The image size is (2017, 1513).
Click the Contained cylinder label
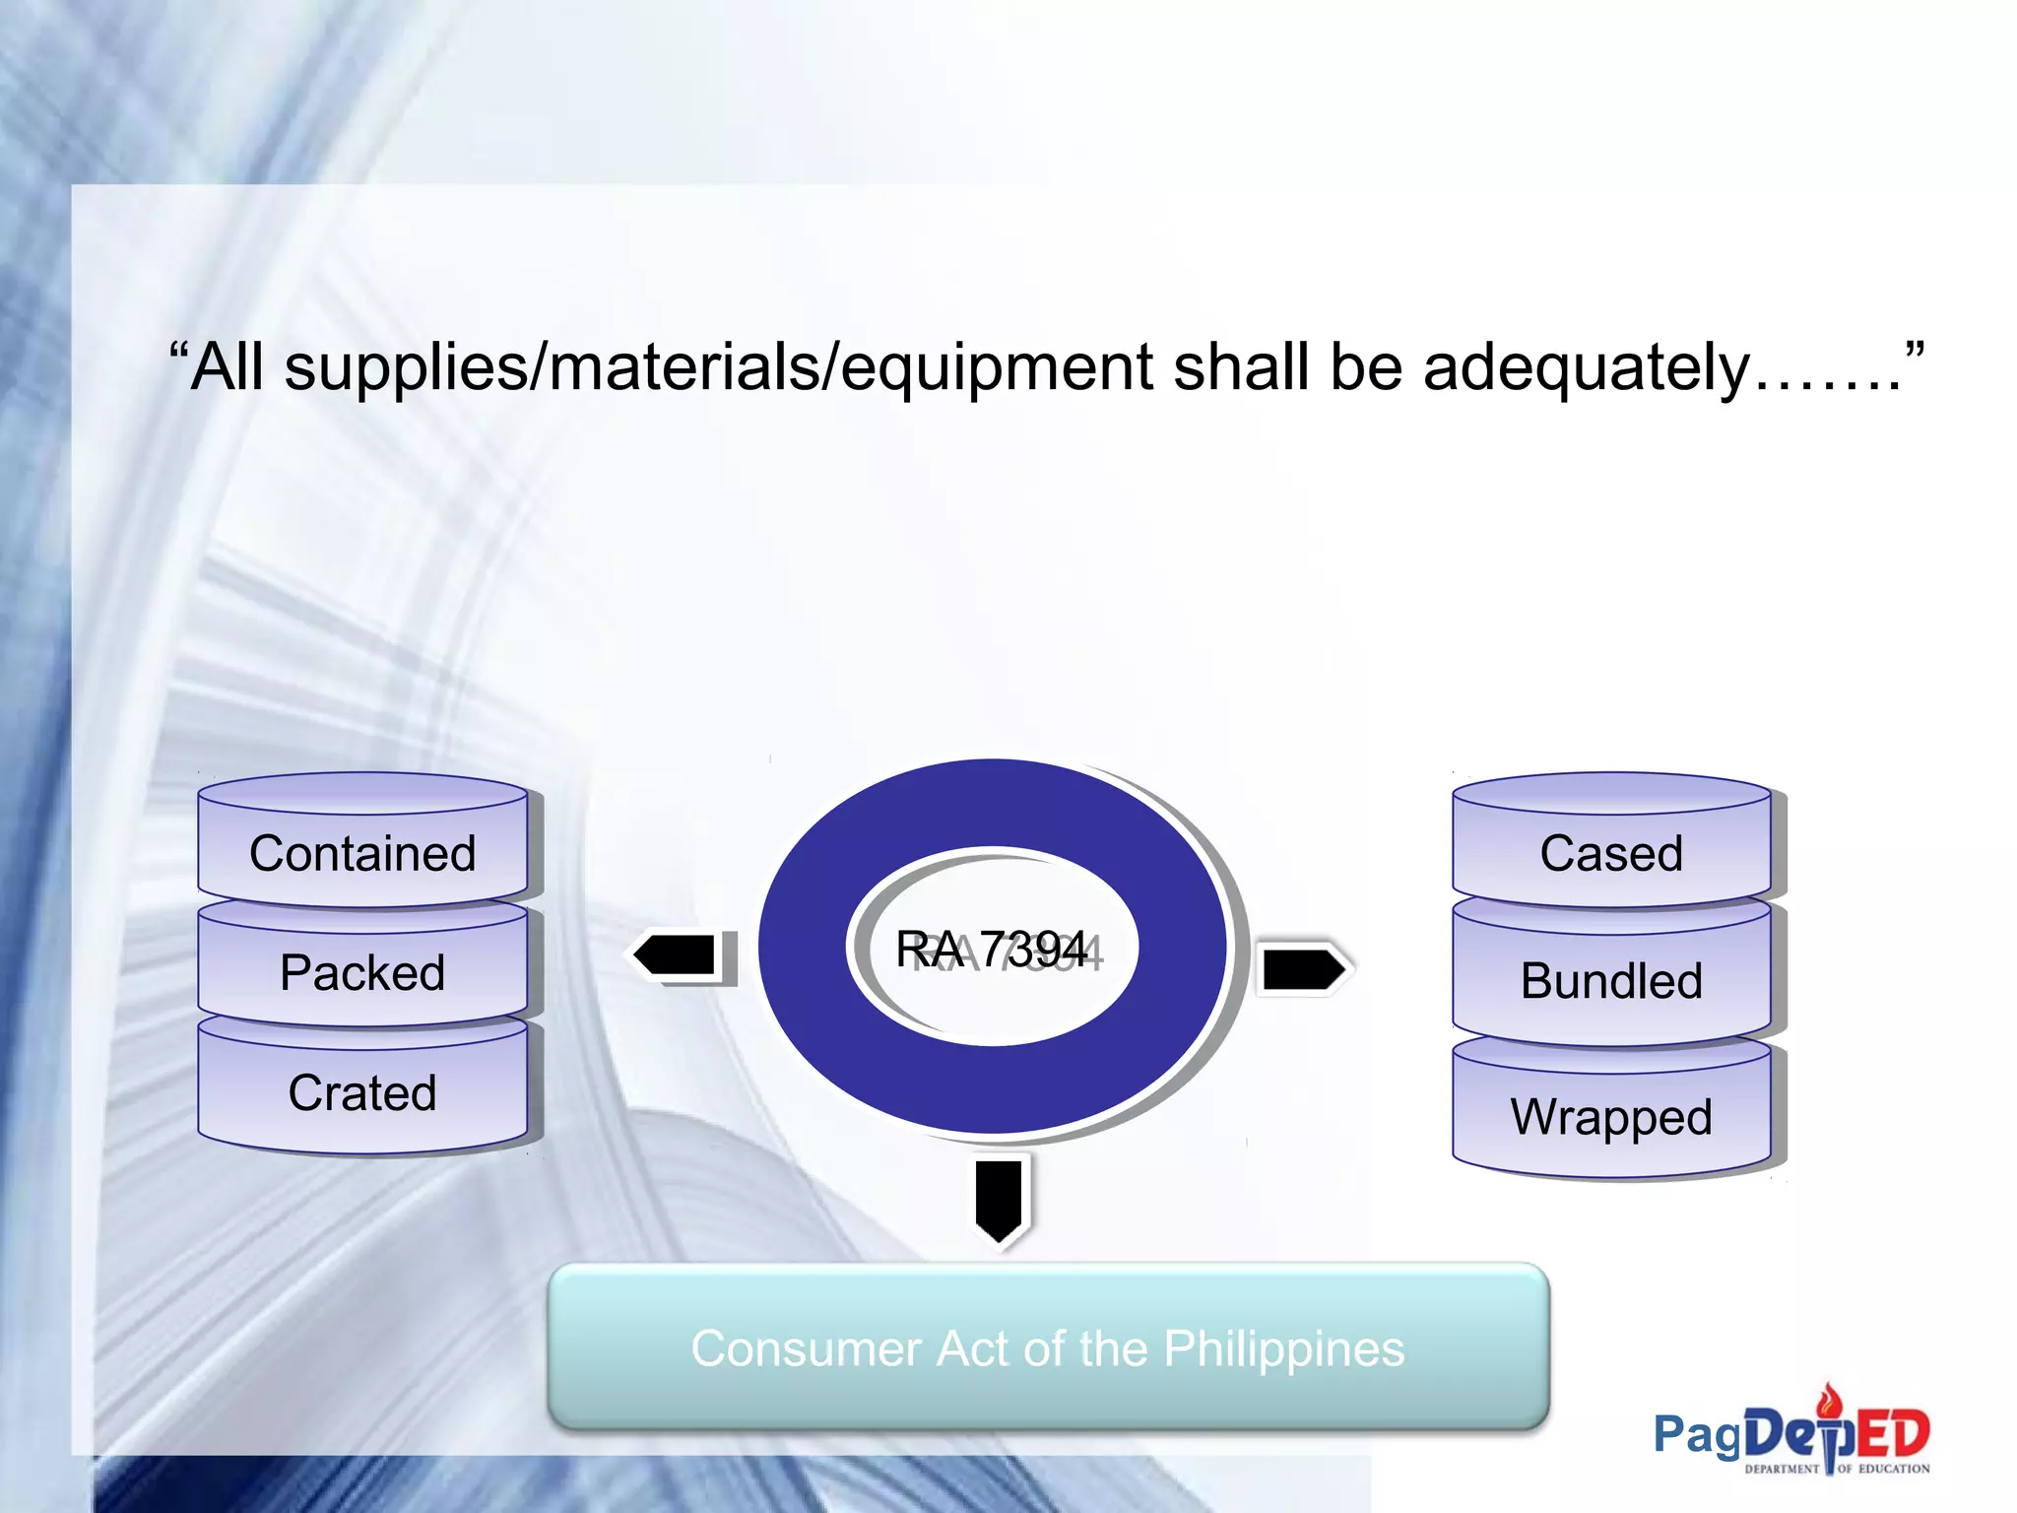[x=362, y=853]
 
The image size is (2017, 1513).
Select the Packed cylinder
[x=362, y=972]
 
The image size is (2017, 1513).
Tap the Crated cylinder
[x=362, y=1092]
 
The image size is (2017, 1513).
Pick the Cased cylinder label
[x=1611, y=853]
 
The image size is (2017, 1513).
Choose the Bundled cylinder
[x=1611, y=980]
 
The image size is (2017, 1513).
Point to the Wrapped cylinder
[x=1611, y=1116]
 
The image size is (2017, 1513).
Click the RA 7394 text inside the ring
[x=992, y=950]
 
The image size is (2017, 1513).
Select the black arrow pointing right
[x=1303, y=968]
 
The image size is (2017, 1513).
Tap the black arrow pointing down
[x=999, y=1199]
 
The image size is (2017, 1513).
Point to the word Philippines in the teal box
[x=1283, y=1349]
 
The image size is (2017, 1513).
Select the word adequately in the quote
[x=1586, y=367]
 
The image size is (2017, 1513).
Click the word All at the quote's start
[x=228, y=367]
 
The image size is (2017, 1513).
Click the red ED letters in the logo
[x=1892, y=1434]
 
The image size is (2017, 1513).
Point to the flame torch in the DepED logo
[x=1830, y=1399]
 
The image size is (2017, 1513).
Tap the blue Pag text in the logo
[x=1697, y=1434]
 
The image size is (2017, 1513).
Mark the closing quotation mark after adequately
[x=1914, y=350]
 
